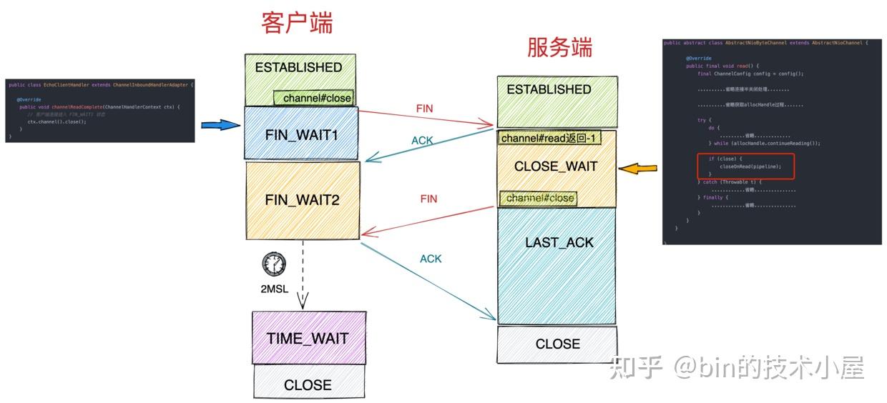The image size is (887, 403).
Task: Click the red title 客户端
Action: coord(297,24)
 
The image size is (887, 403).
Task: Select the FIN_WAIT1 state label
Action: coord(301,134)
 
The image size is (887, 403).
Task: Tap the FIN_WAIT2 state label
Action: coord(301,200)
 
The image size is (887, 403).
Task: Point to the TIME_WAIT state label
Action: coord(308,339)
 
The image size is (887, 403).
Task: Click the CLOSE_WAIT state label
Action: coord(555,166)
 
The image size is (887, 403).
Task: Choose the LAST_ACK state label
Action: coord(559,243)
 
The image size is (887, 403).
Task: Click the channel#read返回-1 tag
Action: coord(549,138)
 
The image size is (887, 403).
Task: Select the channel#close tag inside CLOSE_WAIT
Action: coord(540,198)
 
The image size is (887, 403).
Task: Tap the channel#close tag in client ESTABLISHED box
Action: coord(315,98)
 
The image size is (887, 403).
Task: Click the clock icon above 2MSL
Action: coord(273,264)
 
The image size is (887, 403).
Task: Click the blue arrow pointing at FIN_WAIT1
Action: coord(220,125)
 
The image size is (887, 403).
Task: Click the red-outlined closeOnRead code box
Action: coord(746,166)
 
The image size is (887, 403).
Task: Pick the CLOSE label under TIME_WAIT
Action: coord(308,385)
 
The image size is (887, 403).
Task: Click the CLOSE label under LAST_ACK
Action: coord(557,344)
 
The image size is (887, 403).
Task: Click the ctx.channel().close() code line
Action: coord(57,121)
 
